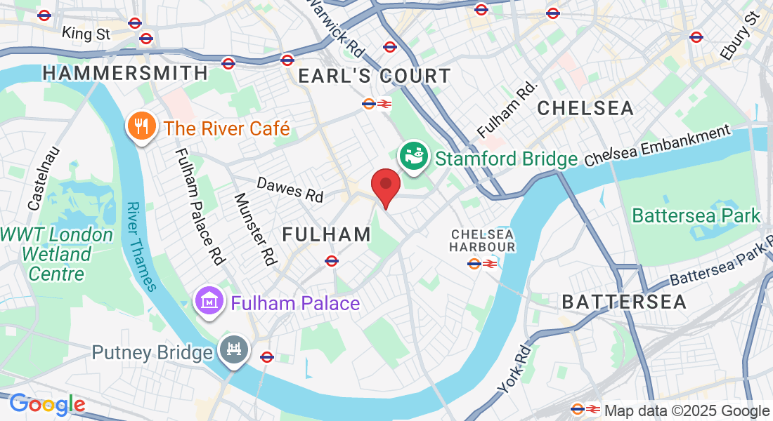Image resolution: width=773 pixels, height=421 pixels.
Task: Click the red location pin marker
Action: click(x=385, y=187)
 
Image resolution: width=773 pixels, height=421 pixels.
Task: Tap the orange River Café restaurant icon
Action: click(x=141, y=128)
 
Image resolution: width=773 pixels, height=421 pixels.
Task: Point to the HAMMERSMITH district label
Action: click(x=126, y=73)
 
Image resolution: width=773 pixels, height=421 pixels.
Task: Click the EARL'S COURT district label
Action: click(x=375, y=76)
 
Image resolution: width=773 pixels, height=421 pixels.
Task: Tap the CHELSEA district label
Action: click(x=585, y=108)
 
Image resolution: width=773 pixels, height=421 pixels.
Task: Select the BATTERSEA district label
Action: click(x=624, y=302)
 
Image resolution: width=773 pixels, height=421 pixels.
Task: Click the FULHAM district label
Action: click(x=327, y=234)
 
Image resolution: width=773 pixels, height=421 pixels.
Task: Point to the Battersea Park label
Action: click(x=696, y=215)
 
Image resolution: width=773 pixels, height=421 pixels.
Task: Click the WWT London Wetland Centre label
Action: click(x=56, y=253)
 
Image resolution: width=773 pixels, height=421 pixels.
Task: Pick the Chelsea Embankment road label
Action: click(x=657, y=145)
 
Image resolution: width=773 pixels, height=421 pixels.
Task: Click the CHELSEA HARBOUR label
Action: click(x=483, y=240)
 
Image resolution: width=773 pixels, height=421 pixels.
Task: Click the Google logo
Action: click(x=47, y=404)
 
